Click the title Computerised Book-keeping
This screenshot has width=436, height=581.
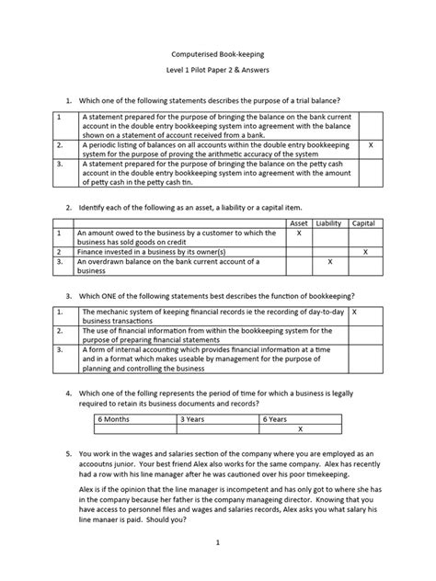pos(217,56)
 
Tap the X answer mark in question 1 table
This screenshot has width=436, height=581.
pos(370,145)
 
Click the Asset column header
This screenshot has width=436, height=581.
pos(299,223)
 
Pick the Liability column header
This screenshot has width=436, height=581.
pos(328,223)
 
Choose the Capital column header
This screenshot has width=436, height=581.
pos(364,223)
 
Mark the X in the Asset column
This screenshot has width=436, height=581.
pos(299,234)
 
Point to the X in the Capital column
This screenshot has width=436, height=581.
pos(364,250)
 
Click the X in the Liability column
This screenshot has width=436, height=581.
pos(328,262)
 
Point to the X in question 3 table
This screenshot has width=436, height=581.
pos(355,313)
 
